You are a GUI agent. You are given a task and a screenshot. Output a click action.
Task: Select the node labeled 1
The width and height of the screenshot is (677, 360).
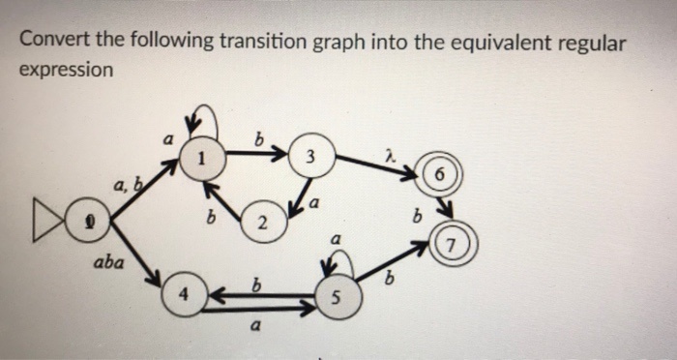tap(200, 155)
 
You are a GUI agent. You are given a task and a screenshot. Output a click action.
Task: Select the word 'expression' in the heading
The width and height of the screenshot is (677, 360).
tap(66, 70)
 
